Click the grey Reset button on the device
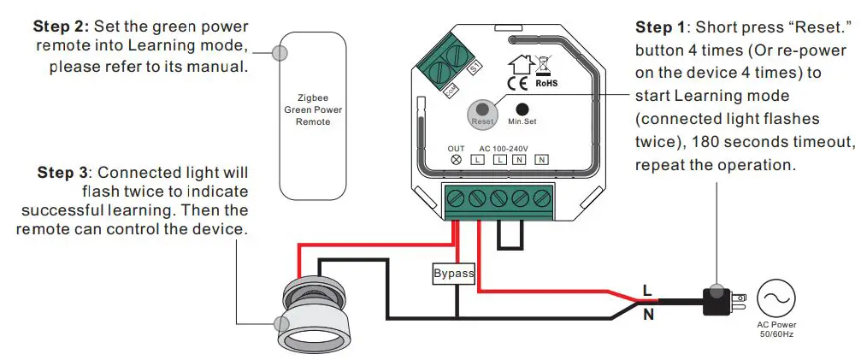click(483, 110)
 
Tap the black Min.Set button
click(522, 109)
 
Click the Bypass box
click(453, 274)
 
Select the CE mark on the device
click(517, 83)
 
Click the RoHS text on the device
click(546, 84)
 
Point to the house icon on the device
click(518, 62)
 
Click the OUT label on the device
click(457, 149)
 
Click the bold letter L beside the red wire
click(647, 290)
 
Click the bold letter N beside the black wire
click(647, 315)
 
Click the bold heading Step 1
click(663, 27)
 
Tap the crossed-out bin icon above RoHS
click(545, 65)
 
